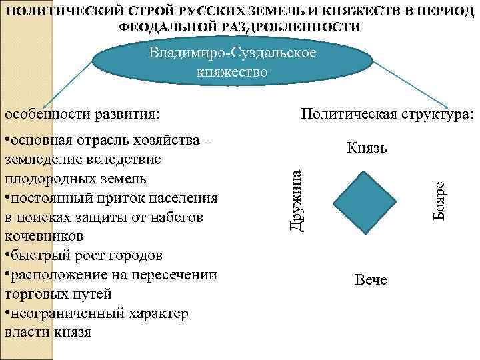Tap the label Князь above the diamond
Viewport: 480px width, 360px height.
pyautogui.click(x=367, y=148)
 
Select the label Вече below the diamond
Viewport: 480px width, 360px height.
pyautogui.click(x=371, y=279)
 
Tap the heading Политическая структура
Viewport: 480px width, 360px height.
pyautogui.click(x=387, y=114)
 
